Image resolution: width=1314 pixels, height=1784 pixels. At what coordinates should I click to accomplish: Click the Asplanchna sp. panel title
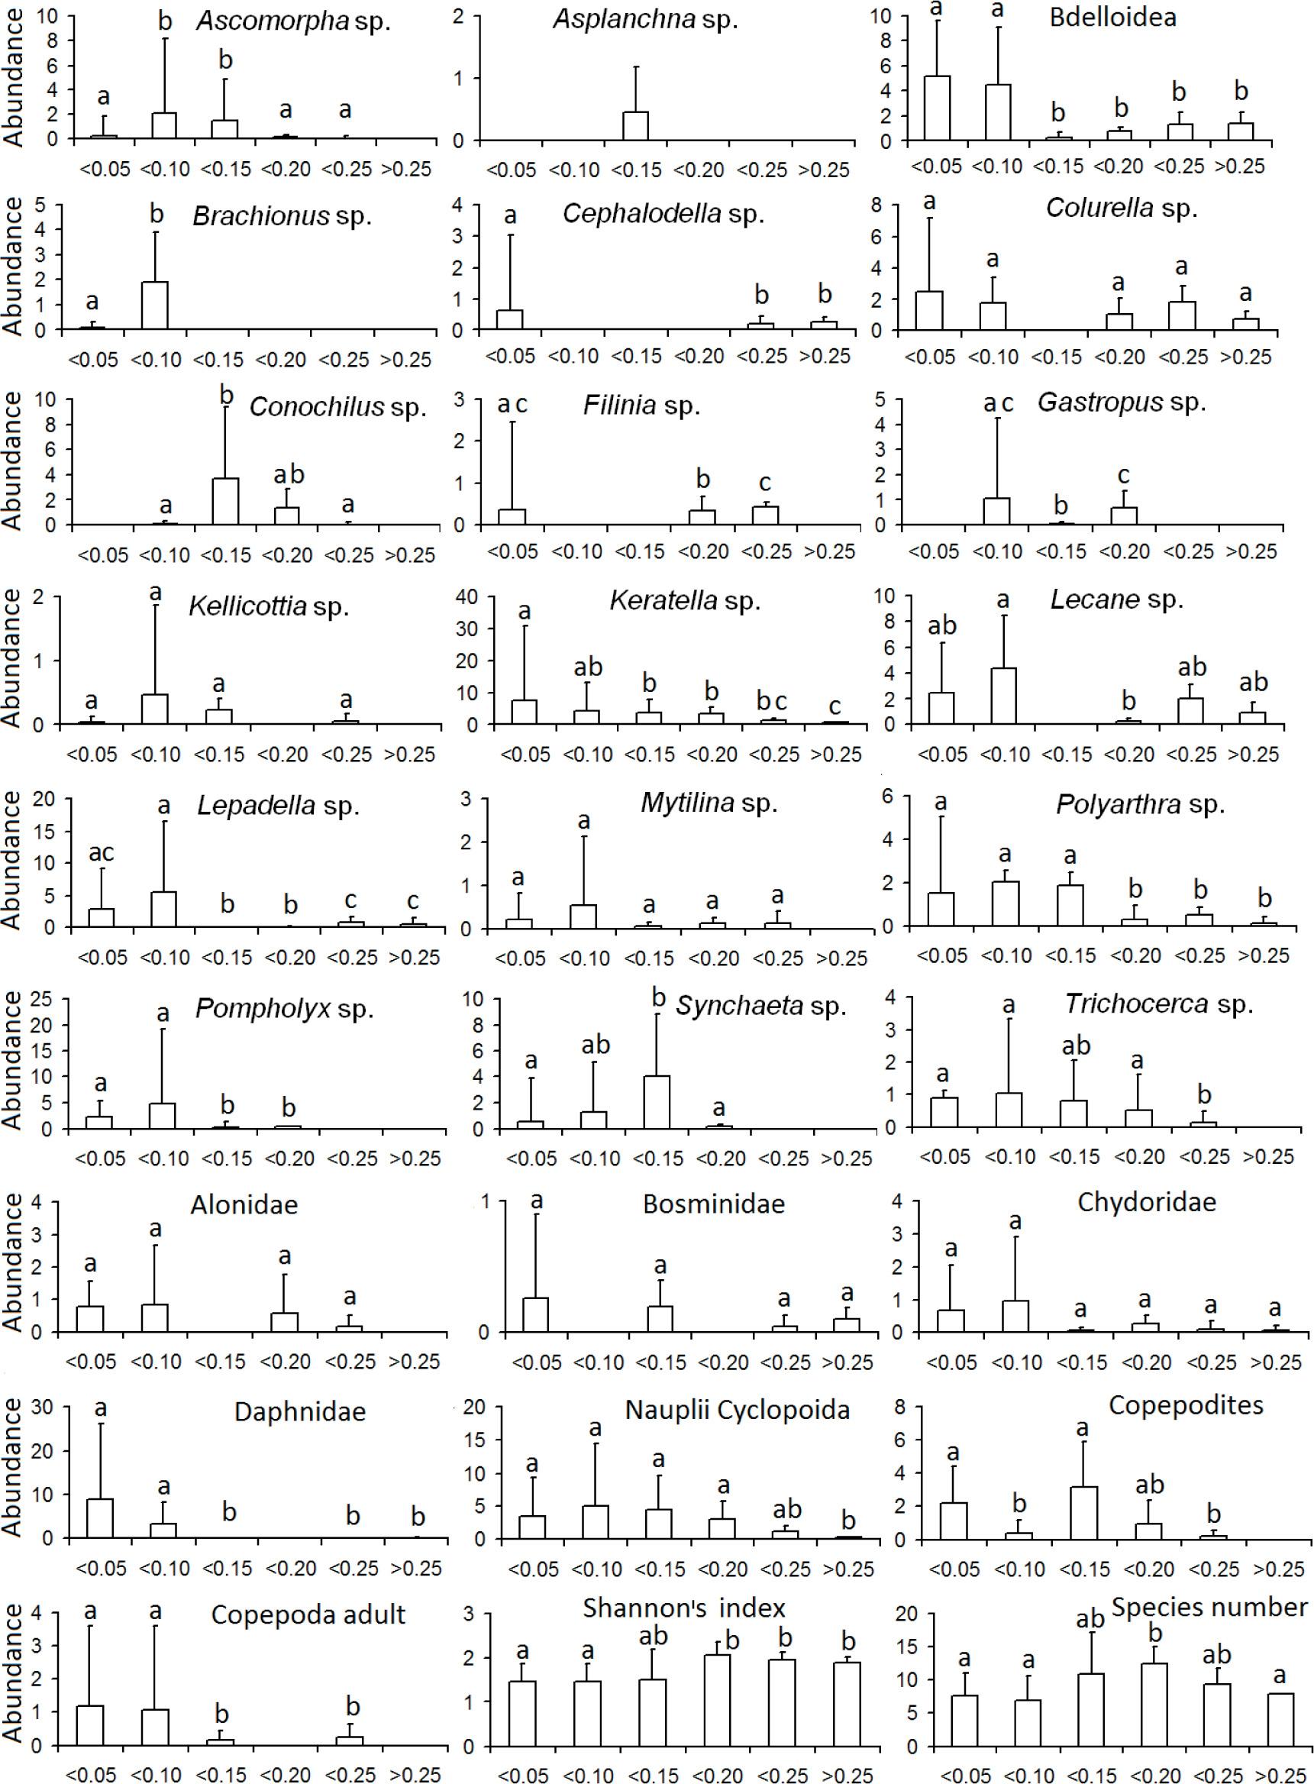645,19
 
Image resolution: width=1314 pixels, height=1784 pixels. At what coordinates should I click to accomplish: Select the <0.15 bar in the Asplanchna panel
634,126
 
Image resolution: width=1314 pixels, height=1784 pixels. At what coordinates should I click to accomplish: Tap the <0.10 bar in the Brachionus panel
155,305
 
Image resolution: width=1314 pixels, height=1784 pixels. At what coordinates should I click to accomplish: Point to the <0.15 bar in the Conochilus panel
226,501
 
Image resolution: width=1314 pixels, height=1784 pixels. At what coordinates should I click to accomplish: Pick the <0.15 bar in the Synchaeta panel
657,1101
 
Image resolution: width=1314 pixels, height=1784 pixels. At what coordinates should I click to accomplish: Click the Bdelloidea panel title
1112,18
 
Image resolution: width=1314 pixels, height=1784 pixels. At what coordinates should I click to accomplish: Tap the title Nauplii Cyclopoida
737,1411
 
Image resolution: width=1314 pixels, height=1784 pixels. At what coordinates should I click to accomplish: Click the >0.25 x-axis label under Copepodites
1279,1569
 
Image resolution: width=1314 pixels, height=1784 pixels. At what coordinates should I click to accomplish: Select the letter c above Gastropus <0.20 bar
1124,476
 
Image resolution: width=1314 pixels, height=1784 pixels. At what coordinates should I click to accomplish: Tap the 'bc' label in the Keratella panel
770,702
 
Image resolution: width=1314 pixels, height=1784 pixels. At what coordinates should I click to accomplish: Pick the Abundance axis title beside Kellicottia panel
13,658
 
